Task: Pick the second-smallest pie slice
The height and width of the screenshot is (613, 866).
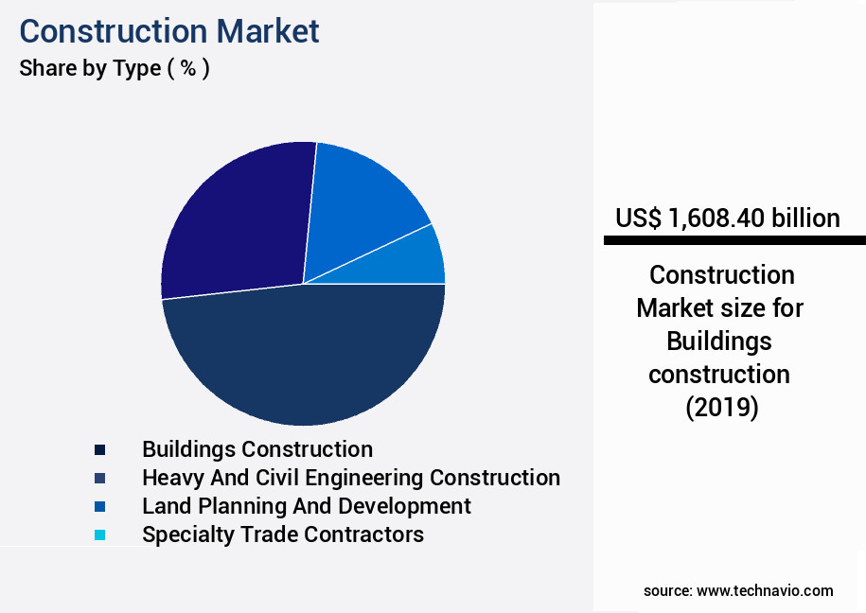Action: [x=359, y=204]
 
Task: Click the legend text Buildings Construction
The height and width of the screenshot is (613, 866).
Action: [x=257, y=449]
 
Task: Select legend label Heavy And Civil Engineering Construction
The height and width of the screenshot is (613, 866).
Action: [x=351, y=478]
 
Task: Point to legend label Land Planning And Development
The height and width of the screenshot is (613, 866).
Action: [x=307, y=506]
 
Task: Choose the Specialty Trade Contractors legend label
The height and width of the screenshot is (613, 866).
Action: [x=283, y=534]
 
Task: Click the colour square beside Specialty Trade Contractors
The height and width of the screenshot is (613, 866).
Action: [x=100, y=534]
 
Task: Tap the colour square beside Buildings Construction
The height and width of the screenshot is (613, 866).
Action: [x=100, y=449]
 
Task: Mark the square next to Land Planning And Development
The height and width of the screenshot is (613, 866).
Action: [x=100, y=506]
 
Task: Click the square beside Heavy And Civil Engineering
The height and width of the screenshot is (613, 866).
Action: [x=100, y=479]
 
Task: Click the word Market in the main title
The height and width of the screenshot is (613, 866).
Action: [x=267, y=31]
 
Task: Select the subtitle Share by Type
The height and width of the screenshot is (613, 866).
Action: [x=90, y=68]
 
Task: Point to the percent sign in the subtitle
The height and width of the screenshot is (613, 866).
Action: [x=188, y=68]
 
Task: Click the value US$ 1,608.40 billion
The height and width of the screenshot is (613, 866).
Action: [x=728, y=219]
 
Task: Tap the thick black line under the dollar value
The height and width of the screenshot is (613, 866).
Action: [x=734, y=240]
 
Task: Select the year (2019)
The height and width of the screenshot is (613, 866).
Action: [x=722, y=408]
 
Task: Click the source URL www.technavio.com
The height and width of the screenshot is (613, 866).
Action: [x=765, y=591]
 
